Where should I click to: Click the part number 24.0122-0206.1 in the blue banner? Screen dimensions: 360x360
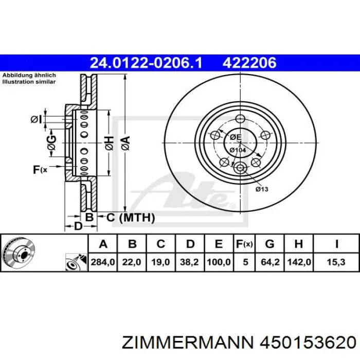tap(146, 63)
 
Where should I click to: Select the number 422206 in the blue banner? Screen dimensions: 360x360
tap(249, 63)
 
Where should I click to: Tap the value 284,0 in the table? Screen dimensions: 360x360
tap(103, 262)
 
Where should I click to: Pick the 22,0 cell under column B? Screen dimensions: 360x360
tap(132, 262)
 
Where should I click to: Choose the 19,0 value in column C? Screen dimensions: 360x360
tap(160, 262)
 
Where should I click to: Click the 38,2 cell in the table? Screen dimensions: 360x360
tap(189, 262)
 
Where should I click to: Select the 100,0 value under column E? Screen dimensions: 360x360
tap(219, 262)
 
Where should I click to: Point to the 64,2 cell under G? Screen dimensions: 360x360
tap(270, 262)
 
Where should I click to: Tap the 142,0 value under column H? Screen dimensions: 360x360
tap(299, 262)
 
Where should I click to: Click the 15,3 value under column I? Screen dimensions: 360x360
tap(336, 262)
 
